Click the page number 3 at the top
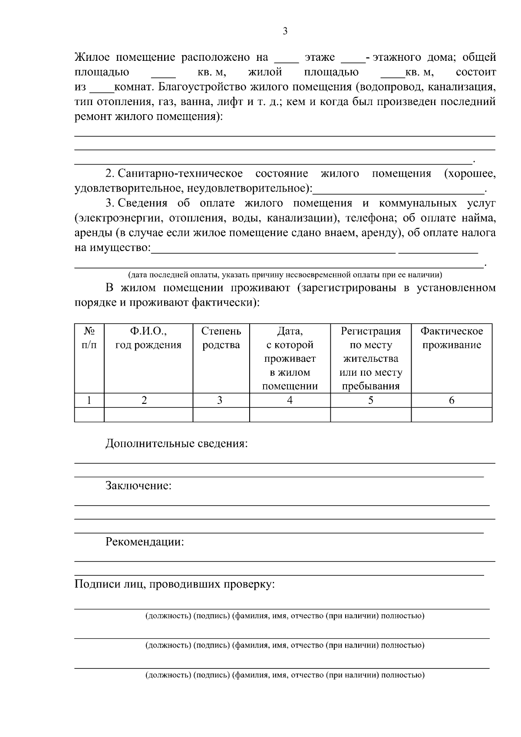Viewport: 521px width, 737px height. click(285, 31)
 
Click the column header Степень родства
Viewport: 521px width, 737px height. click(221, 338)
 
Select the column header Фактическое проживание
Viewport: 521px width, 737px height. click(452, 338)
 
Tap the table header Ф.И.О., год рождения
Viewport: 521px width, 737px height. click(148, 338)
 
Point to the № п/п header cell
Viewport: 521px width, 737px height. click(89, 338)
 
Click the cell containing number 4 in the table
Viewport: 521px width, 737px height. click(290, 400)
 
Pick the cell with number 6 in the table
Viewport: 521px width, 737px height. click(452, 400)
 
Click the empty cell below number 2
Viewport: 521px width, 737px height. click(148, 415)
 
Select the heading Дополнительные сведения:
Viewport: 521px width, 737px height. click(177, 444)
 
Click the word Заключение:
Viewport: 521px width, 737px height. click(138, 486)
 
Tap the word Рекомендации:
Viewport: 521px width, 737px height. click(145, 542)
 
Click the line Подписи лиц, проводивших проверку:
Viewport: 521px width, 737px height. click(175, 585)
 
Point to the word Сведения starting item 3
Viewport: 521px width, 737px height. click(142, 203)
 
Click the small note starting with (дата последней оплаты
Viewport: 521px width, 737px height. click(285, 274)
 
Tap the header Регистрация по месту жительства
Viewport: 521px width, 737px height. click(370, 345)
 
